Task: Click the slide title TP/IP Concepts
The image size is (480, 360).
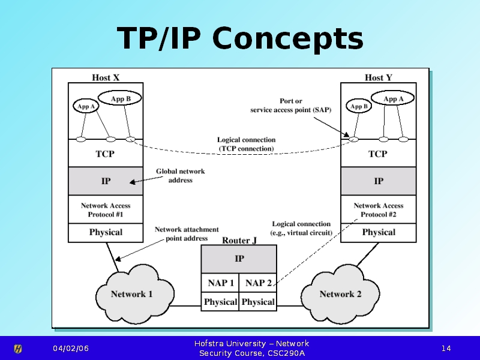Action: coord(240,38)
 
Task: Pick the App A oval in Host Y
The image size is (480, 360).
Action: coord(393,98)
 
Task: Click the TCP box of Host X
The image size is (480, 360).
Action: coord(106,154)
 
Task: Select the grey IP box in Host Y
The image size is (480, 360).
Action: coord(379,181)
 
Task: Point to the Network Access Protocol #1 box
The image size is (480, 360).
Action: coord(106,209)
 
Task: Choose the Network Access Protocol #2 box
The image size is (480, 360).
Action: coord(379,209)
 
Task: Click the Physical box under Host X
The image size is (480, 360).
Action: coord(106,232)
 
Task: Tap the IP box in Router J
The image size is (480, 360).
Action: coord(239,259)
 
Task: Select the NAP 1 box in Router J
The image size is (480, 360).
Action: coord(220,283)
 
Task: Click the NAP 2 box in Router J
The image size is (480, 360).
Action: coord(258,283)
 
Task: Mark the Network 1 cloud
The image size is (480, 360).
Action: coord(131,294)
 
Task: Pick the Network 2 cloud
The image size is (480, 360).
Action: coord(340,294)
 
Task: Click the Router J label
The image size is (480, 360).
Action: coord(239,241)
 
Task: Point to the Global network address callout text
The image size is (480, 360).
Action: coord(180,175)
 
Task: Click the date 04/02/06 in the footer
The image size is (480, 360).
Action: coord(70,349)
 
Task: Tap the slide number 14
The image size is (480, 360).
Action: coord(446,349)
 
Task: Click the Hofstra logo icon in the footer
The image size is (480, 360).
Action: coord(18,349)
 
